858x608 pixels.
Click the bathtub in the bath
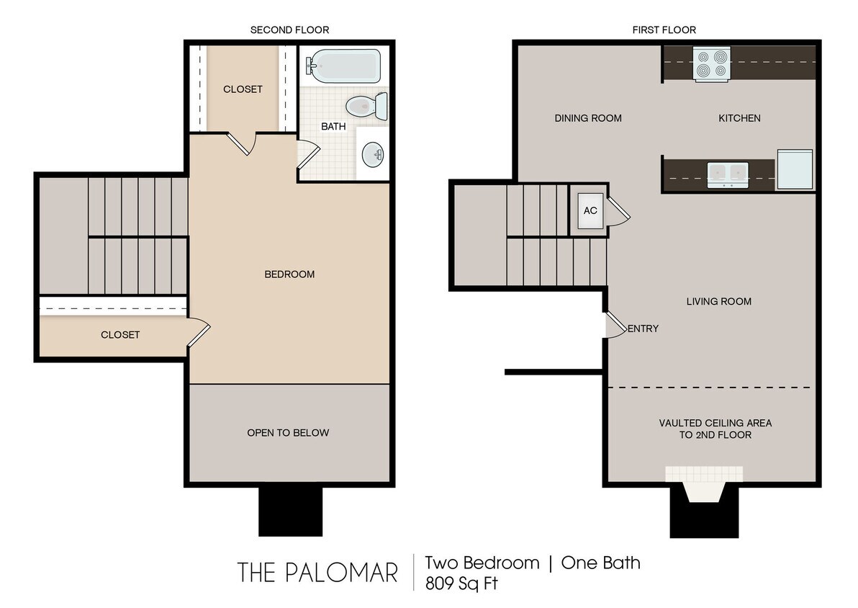click(343, 66)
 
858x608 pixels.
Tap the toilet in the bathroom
click(366, 107)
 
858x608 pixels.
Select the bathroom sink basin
click(373, 153)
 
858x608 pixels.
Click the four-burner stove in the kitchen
click(712, 64)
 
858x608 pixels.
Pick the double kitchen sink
click(728, 174)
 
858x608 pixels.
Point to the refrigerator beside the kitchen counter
click(795, 169)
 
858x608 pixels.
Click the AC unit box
click(590, 211)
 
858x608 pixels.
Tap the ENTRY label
click(643, 328)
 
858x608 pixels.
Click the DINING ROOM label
click(588, 118)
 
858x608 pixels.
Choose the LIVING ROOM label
click(718, 301)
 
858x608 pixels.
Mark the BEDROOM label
click(289, 274)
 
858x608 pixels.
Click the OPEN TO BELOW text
click(288, 432)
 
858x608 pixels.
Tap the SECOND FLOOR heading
click(289, 30)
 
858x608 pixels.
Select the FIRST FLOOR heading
click(664, 30)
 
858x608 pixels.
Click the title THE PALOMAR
click(317, 573)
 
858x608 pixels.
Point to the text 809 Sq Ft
click(461, 583)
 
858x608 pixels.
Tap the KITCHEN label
click(739, 118)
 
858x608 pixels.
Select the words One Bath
click(600, 563)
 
